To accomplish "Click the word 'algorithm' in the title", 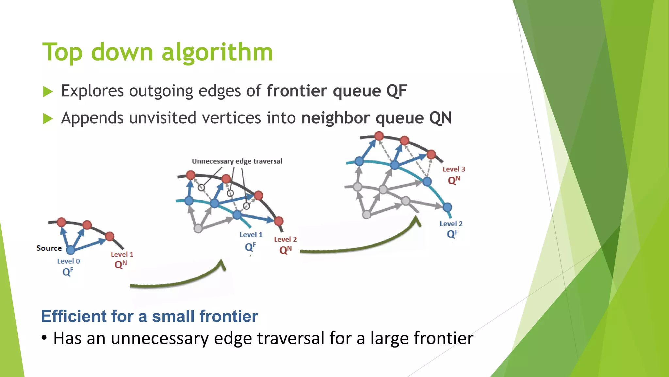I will (217, 52).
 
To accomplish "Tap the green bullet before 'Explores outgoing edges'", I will (48, 92).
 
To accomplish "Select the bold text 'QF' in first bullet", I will (397, 91).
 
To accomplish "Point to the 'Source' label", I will (49, 248).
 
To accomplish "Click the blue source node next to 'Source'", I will (71, 250).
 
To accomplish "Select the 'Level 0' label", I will (68, 261).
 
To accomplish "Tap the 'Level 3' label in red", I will (453, 169).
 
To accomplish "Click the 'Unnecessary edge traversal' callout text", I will (237, 161).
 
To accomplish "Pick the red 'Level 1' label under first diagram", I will (122, 254).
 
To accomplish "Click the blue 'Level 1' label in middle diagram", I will (251, 235).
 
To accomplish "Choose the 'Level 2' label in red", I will (285, 239).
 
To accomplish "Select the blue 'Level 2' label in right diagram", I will (451, 224).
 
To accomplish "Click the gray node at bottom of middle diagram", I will (198, 228).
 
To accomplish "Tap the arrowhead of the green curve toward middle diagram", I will (222, 264).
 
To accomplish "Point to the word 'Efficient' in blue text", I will (74, 316).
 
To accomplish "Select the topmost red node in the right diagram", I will (379, 136).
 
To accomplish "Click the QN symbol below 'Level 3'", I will (454, 180).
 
